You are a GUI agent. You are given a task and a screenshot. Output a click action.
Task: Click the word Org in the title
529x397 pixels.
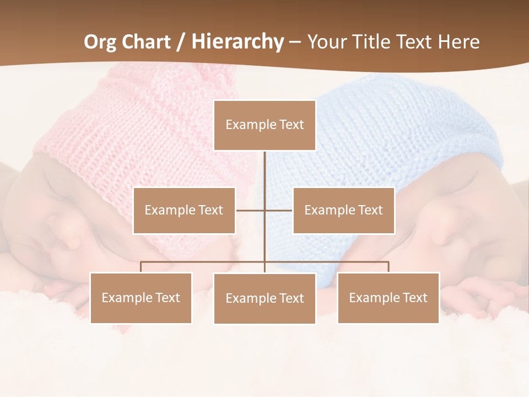(x=101, y=42)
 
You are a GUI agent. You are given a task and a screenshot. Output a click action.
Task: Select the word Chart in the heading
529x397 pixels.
(x=146, y=42)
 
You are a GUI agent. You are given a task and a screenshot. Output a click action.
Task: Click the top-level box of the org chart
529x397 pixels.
(x=264, y=125)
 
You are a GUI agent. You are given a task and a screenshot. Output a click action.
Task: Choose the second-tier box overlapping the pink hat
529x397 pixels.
(x=184, y=210)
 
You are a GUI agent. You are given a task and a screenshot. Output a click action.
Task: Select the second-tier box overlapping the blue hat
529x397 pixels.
(x=343, y=210)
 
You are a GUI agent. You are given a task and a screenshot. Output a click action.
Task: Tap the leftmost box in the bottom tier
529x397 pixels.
(x=141, y=298)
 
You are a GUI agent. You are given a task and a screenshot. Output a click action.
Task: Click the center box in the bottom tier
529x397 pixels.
(x=264, y=298)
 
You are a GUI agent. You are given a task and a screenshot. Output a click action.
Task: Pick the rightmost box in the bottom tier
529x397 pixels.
(x=388, y=298)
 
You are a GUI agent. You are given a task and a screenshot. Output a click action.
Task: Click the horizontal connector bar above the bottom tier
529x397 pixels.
(x=204, y=262)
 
